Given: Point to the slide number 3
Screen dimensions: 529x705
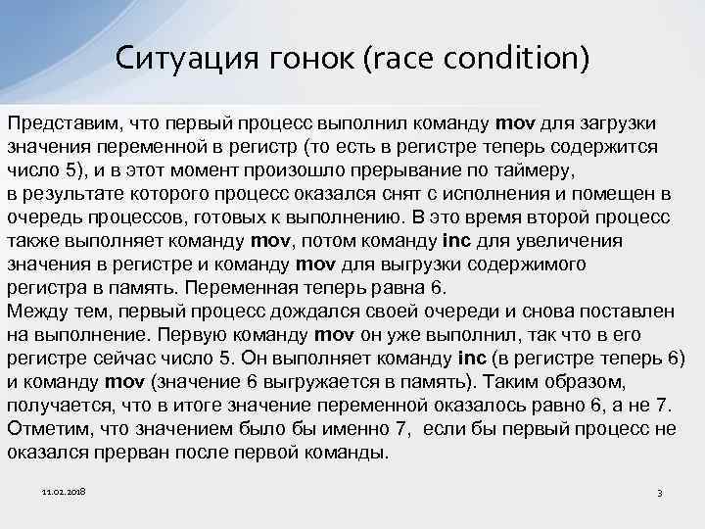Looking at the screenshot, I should coord(660,493).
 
